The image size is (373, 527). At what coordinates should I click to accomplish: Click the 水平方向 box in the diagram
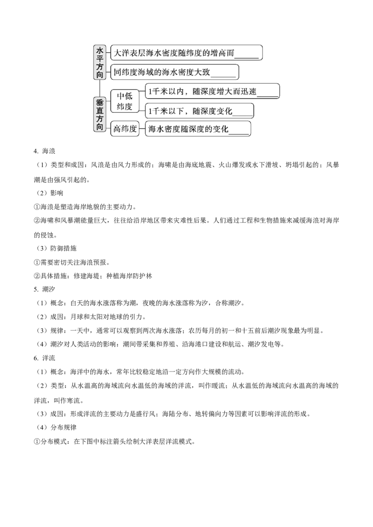point(100,62)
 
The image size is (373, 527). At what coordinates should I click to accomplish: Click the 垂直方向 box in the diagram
point(100,115)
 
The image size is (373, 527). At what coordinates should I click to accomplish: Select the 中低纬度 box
point(124,101)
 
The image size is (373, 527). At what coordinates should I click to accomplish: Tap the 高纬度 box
point(124,129)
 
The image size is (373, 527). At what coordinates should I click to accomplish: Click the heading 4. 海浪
point(44,151)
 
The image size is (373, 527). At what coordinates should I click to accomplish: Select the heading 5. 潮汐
point(44,289)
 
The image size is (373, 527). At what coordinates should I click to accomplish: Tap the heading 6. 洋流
point(44,358)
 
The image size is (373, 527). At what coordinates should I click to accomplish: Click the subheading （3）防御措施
point(55,248)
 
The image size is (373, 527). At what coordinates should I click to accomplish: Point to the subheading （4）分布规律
point(55,427)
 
